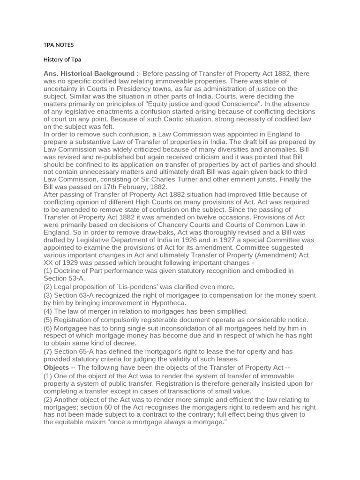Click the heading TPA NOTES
point(59,45)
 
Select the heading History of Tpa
point(62,60)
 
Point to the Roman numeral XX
point(49,262)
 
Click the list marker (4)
point(48,311)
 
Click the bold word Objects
point(56,367)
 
